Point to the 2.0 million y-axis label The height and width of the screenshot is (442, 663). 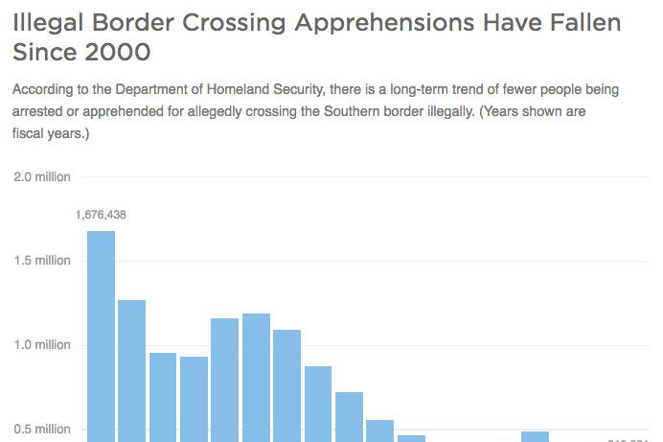coord(41,176)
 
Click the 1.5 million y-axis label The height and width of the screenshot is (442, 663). coord(41,261)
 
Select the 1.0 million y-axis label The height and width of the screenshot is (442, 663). coord(41,345)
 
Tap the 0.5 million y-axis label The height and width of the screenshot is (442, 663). coord(41,430)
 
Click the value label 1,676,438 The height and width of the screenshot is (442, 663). coord(101,215)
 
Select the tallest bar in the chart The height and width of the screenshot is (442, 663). coord(101,336)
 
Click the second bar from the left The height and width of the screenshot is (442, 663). coord(131,370)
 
